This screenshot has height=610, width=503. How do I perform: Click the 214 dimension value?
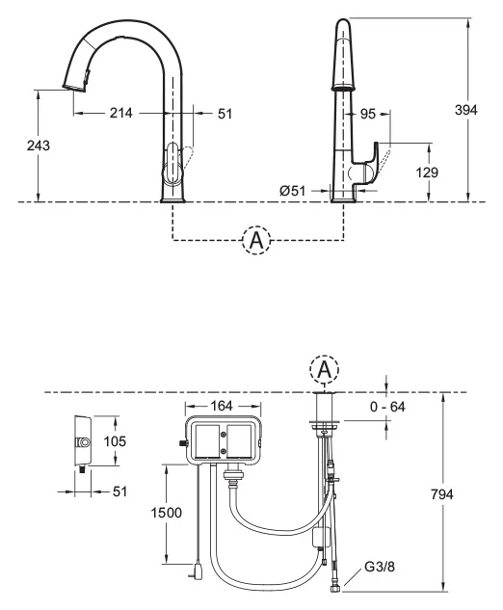[x=121, y=113]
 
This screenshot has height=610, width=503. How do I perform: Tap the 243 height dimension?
[x=39, y=146]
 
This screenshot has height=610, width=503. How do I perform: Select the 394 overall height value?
[x=466, y=110]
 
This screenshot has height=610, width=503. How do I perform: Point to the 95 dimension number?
[x=368, y=114]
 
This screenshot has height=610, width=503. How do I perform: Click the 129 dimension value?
[x=427, y=172]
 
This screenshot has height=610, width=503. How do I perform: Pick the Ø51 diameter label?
[x=293, y=191]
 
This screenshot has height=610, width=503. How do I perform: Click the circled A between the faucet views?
[x=256, y=240]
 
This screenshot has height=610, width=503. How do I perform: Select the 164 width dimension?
[x=222, y=406]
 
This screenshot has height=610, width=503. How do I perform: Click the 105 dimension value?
[x=115, y=441]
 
